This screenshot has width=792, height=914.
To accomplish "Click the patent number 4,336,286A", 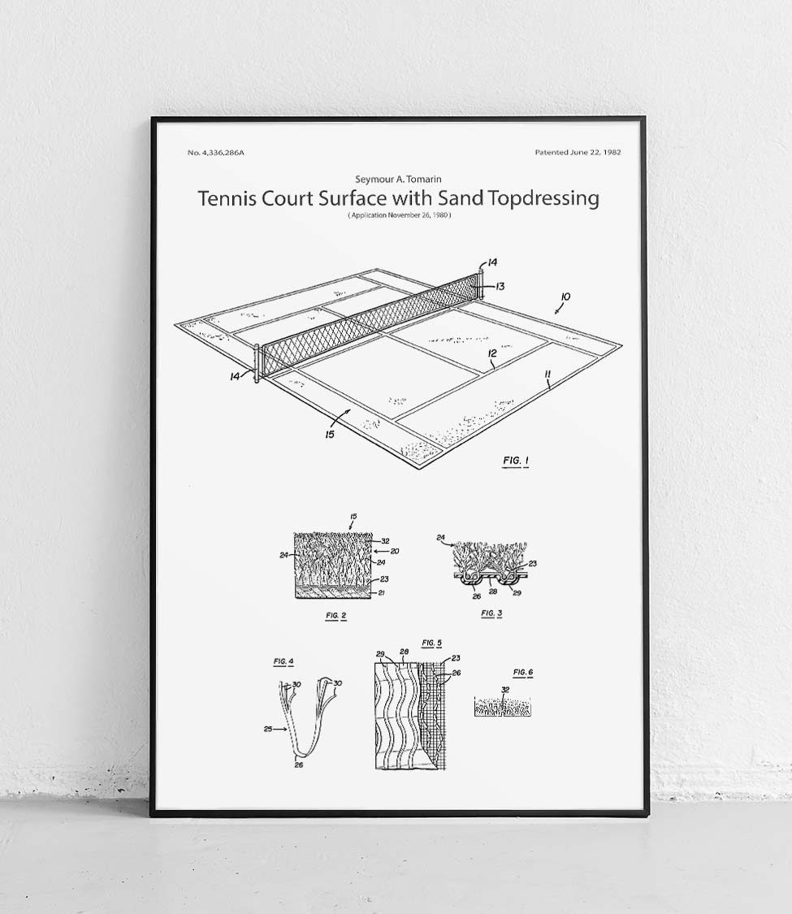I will (x=215, y=153).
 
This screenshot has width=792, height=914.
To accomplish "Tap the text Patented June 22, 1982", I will (x=578, y=153).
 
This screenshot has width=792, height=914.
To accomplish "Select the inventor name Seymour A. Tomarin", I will (x=398, y=179).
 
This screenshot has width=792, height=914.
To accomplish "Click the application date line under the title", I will (x=399, y=215).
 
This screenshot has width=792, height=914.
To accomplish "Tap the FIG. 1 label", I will (x=516, y=461).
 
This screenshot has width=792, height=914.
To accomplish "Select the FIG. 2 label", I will (x=336, y=616).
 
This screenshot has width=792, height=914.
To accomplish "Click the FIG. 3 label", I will (x=491, y=613).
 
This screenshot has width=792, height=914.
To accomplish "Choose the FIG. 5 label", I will (x=432, y=643).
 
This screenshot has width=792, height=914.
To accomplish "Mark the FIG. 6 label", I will (x=523, y=673).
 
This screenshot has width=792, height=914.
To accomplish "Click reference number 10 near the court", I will (x=566, y=297).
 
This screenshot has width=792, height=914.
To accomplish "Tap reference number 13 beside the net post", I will (x=500, y=286).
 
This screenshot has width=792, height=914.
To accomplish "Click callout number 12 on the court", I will (x=492, y=353).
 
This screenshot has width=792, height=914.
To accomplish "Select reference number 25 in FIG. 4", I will (x=268, y=729).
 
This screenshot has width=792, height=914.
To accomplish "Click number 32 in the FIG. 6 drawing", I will (x=504, y=690).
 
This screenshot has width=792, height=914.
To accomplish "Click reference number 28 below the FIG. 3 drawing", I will (x=492, y=591).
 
